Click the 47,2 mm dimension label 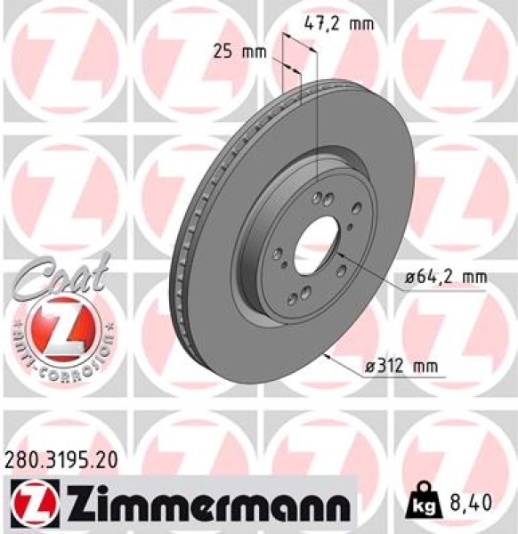(338, 23)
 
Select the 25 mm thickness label (240, 51)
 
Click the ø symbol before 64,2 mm (409, 278)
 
